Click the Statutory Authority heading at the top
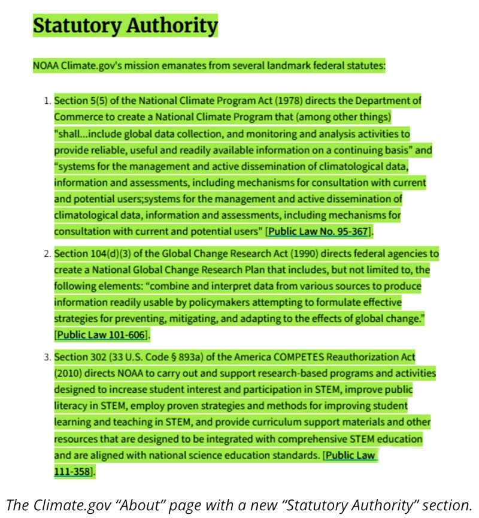[x=125, y=26]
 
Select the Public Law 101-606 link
[x=101, y=334]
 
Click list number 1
[x=47, y=101]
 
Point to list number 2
[x=47, y=254]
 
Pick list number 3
[x=47, y=358]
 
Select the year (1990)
[x=259, y=254]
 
